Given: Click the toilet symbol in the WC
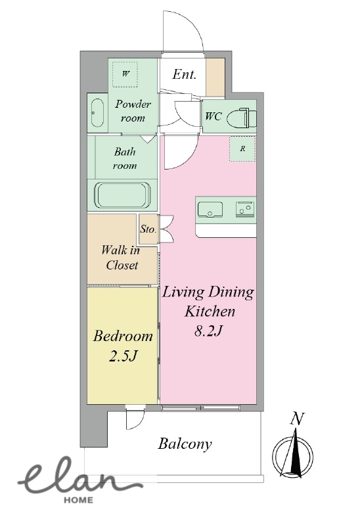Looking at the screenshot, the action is click(x=242, y=118).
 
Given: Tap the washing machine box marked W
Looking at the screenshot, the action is click(x=125, y=74).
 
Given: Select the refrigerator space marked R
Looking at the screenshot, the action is click(x=242, y=149).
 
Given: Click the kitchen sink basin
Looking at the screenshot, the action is click(x=210, y=209).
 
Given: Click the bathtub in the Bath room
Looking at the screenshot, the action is click(x=122, y=196).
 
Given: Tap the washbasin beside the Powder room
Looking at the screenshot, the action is click(x=97, y=113).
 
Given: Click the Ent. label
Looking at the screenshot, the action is click(x=184, y=74).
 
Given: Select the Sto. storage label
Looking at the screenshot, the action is click(x=148, y=229).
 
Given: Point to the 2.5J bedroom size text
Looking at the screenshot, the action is click(x=123, y=356).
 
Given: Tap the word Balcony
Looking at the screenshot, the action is click(x=185, y=444).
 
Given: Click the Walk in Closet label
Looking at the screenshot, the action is click(x=120, y=258).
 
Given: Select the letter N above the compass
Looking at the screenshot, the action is click(x=296, y=419).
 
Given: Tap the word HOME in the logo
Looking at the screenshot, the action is click(x=78, y=500).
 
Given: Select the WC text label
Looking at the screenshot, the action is click(x=214, y=116).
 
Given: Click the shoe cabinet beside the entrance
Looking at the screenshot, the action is click(x=215, y=77).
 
